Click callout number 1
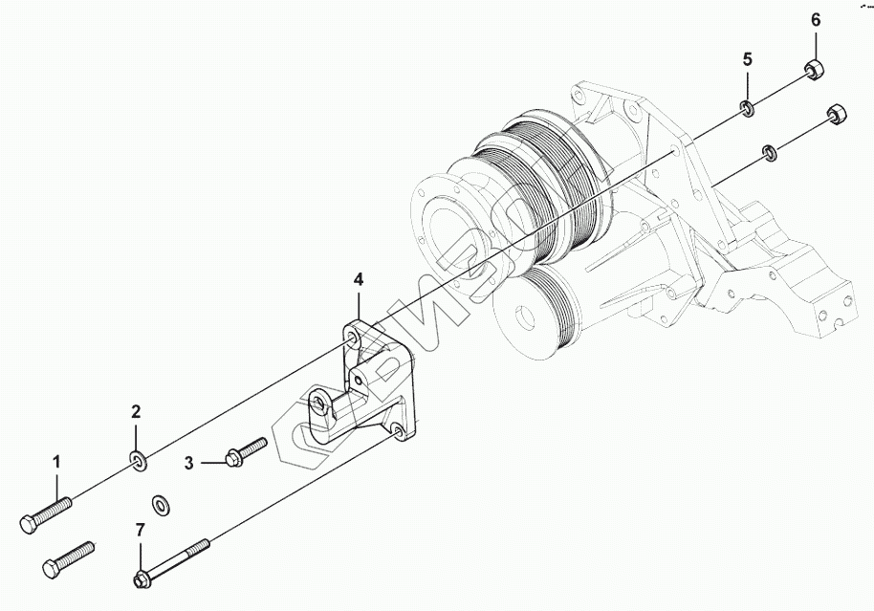click(56, 463)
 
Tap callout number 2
click(137, 412)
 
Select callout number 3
click(189, 464)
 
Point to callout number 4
click(359, 279)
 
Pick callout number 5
click(749, 58)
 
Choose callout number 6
click(816, 19)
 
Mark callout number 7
click(140, 530)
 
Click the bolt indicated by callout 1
click(45, 513)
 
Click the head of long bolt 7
click(141, 578)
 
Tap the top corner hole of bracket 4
click(354, 338)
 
